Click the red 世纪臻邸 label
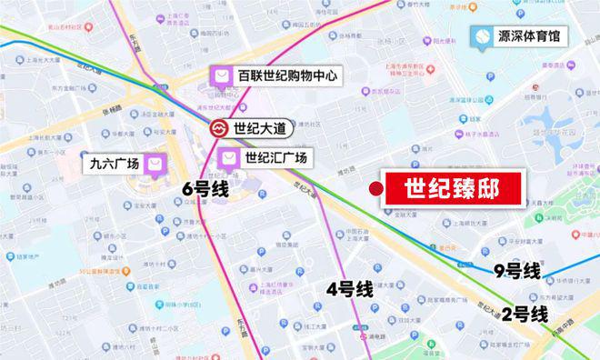451,189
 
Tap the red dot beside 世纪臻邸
375,188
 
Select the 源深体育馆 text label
529,38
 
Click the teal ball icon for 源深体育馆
478,38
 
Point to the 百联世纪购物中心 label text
287,76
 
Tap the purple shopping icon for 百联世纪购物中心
221,76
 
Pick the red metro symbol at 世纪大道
219,128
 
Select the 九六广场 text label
115,165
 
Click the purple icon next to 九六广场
156,165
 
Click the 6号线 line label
204,189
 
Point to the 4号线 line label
350,289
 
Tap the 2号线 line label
525,315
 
